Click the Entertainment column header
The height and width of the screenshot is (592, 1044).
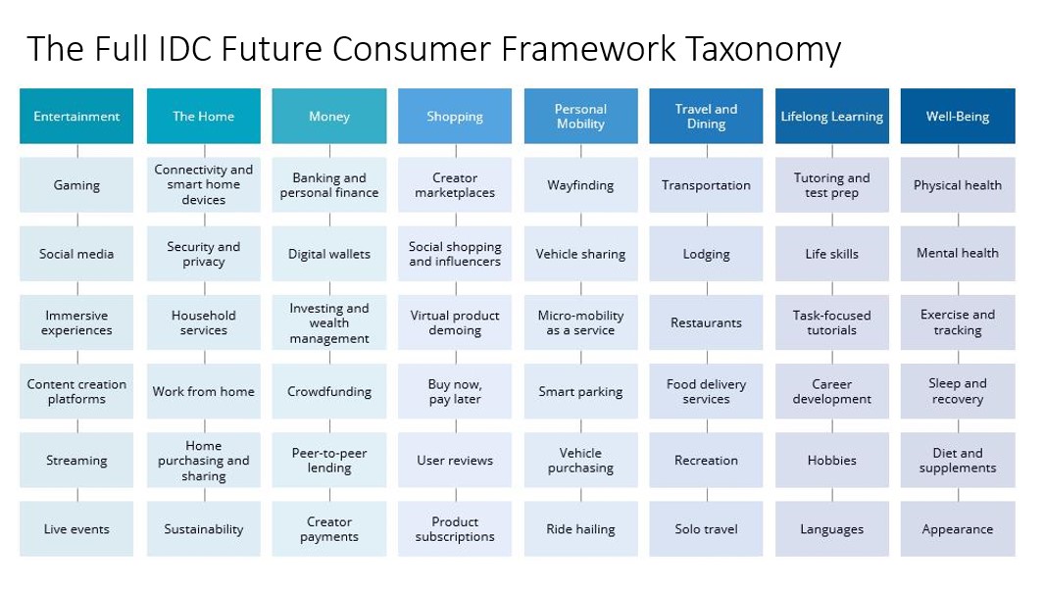pyautogui.click(x=76, y=116)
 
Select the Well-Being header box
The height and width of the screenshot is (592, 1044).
pyautogui.click(x=958, y=116)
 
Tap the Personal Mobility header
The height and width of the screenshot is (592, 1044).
pyautogui.click(x=580, y=116)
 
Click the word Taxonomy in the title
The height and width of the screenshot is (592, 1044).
pyautogui.click(x=763, y=49)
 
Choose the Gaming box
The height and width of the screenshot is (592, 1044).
pyautogui.click(x=76, y=185)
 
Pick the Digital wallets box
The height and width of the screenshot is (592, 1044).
pyautogui.click(x=329, y=254)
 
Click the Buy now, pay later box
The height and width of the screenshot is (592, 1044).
pyautogui.click(x=455, y=391)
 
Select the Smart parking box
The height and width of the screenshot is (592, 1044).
pyautogui.click(x=580, y=391)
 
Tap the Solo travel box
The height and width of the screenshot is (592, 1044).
pyautogui.click(x=706, y=528)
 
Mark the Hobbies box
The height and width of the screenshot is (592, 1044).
pyautogui.click(x=831, y=460)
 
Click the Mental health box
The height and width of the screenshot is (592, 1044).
pyautogui.click(x=958, y=254)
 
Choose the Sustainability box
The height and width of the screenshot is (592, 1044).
pyautogui.click(x=204, y=528)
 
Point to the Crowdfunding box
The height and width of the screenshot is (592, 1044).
pyautogui.click(x=329, y=391)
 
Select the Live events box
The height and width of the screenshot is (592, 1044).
pyautogui.click(x=76, y=528)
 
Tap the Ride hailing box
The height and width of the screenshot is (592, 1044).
pyautogui.click(x=580, y=528)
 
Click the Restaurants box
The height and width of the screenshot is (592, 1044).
pyautogui.click(x=706, y=322)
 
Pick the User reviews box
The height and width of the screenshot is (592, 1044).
pyautogui.click(x=455, y=460)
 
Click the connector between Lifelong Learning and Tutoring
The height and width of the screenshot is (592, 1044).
pyautogui.click(x=832, y=151)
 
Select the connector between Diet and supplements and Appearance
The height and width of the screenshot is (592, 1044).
pyautogui.click(x=958, y=495)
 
